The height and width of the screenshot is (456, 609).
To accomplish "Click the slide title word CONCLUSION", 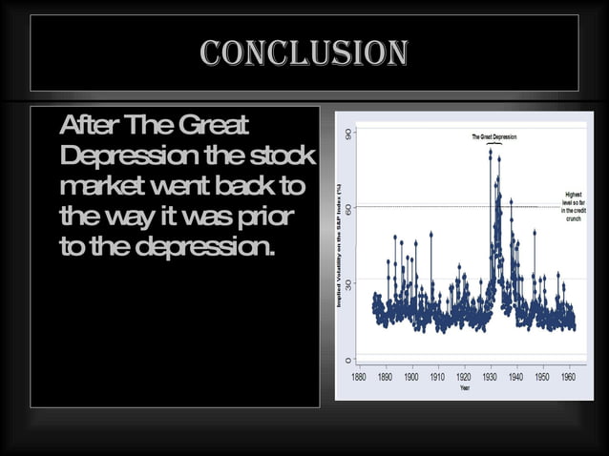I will [x=304, y=52].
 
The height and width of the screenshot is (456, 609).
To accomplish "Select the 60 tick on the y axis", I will [x=348, y=207].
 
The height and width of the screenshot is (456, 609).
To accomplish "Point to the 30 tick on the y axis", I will [x=348, y=282].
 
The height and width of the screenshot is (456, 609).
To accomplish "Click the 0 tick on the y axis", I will [x=348, y=360].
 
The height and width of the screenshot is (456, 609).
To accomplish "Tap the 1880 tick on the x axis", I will [x=358, y=377].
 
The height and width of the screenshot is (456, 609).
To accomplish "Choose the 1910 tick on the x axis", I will [x=438, y=377].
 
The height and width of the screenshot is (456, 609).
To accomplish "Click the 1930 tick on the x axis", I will [x=490, y=377].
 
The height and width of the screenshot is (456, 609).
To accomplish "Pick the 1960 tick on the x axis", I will [x=569, y=377].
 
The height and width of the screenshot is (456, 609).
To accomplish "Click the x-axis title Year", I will [x=465, y=388].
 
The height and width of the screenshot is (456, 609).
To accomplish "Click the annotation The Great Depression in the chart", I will [x=493, y=137].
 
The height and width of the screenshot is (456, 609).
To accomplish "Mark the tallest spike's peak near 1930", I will [x=491, y=151].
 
